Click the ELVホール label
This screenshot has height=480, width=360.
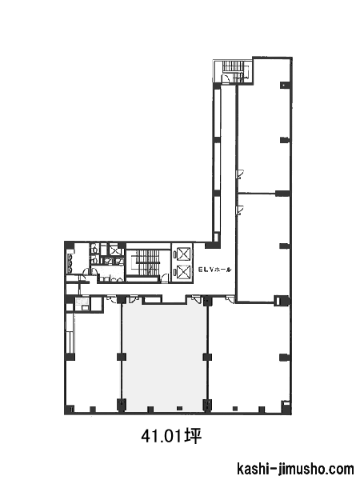[215, 270]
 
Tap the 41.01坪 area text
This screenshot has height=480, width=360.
[171, 436]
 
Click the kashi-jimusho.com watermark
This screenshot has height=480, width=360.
[295, 469]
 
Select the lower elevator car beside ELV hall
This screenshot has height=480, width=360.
[182, 272]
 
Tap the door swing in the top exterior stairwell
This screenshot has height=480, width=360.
[226, 78]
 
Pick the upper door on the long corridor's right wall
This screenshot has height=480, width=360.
[240, 174]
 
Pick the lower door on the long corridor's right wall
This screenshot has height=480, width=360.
[240, 210]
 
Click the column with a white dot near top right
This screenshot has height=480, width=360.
[284, 85]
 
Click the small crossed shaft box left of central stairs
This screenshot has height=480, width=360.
[115, 250]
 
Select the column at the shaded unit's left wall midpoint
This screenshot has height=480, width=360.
[122, 357]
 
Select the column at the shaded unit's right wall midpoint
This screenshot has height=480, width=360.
[207, 357]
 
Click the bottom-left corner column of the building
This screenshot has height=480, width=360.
[70, 409]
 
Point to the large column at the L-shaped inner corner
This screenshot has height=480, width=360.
[213, 245]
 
